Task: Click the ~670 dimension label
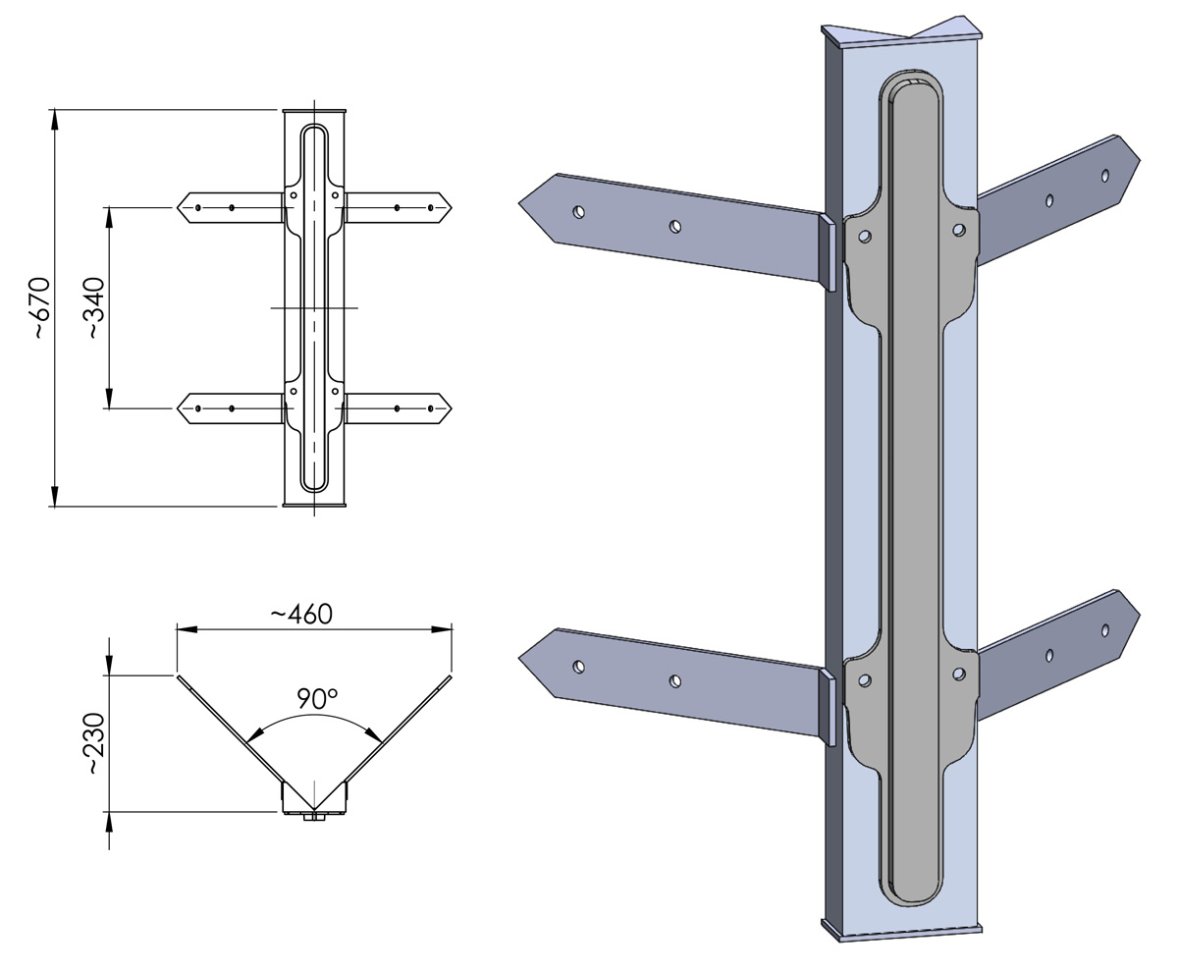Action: coord(42,308)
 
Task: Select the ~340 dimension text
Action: coord(96,308)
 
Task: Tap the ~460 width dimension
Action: coord(301,615)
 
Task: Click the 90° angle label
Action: coord(317,699)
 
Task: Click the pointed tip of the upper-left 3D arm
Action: coord(519,203)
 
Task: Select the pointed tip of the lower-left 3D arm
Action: coord(519,658)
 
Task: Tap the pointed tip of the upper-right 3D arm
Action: coord(1139,161)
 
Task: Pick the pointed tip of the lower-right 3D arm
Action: coord(1139,617)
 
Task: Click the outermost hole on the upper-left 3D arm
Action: coord(578,212)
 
